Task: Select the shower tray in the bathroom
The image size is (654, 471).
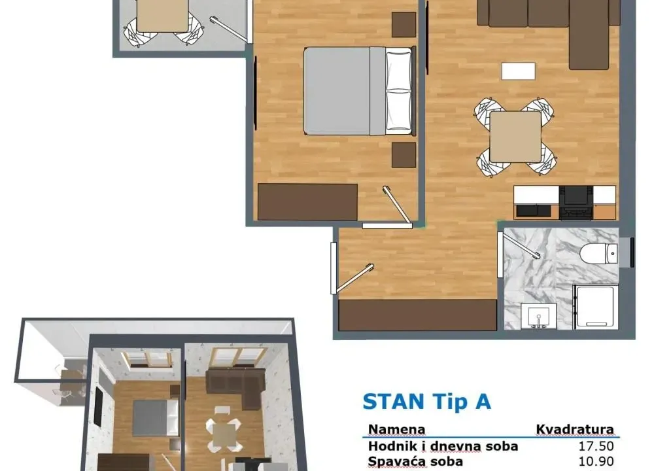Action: pos(595,306)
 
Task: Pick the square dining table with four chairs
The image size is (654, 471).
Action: pos(515,137)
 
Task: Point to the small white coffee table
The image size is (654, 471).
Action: pos(519,71)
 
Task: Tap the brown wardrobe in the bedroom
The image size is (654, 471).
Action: pos(307,201)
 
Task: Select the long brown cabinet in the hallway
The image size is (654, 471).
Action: pos(417,315)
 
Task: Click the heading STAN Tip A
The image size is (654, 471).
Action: pos(426,401)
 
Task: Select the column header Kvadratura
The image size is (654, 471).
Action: pos(575,430)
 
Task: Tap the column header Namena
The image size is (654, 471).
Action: pos(397,430)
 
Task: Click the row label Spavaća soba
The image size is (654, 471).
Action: pos(416,461)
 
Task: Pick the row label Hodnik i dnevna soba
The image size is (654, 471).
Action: pos(443,446)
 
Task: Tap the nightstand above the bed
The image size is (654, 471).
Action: pos(404,24)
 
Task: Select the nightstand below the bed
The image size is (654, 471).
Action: pos(404,155)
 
